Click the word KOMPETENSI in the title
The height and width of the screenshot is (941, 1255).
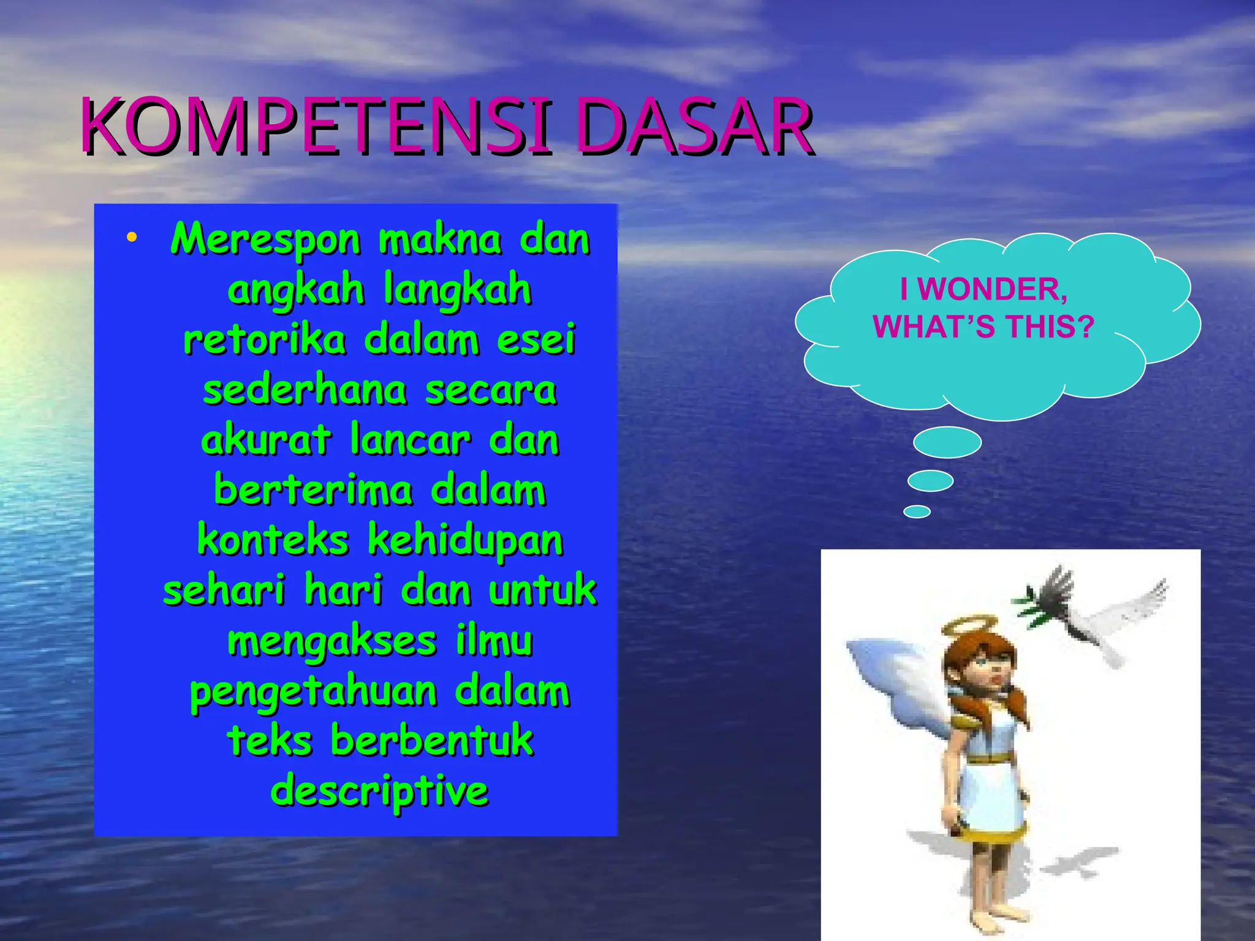pos(316,127)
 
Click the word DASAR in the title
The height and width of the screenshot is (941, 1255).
pos(694,127)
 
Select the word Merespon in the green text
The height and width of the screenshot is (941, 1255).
pos(265,240)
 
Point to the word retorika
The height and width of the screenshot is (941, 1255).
pos(265,339)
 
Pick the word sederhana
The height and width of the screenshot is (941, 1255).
pos(305,390)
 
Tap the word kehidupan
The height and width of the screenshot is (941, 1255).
pos(466,542)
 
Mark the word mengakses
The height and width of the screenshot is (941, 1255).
pos(332,642)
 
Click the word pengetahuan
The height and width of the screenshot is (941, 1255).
pos(313,692)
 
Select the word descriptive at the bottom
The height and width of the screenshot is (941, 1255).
pos(379,792)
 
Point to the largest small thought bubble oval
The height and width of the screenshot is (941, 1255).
pos(947,442)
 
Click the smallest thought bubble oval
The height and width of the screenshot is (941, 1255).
pos(917,512)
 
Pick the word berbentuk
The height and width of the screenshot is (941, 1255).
pos(432,741)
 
